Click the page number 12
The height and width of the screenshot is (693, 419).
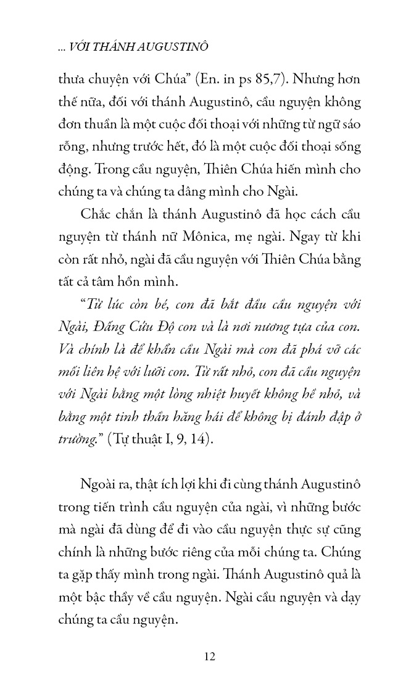click(209, 656)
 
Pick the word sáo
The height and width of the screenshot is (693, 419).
click(347, 124)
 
